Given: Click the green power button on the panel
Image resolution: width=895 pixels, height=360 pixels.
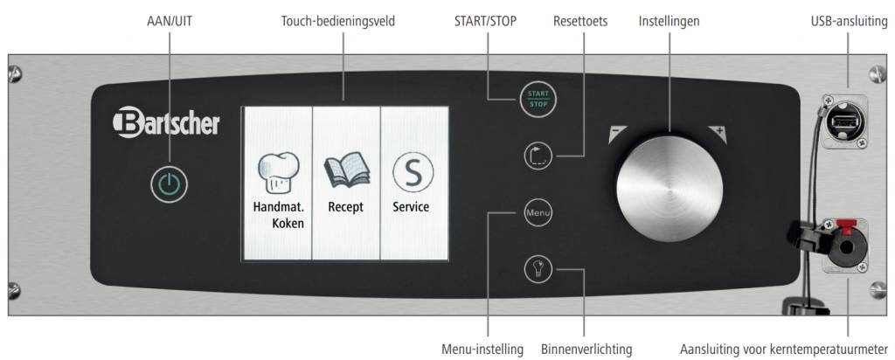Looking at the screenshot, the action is click(x=169, y=184).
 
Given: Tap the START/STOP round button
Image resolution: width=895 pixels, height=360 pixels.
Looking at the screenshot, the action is click(x=537, y=98).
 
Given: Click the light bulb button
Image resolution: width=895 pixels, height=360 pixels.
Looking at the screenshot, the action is click(x=537, y=268).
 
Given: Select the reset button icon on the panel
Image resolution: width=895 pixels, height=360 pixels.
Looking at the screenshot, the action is click(x=537, y=156).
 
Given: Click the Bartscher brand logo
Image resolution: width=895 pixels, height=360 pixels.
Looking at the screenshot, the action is click(x=166, y=123).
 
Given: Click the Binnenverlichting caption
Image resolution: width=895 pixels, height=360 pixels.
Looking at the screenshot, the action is click(x=586, y=349).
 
